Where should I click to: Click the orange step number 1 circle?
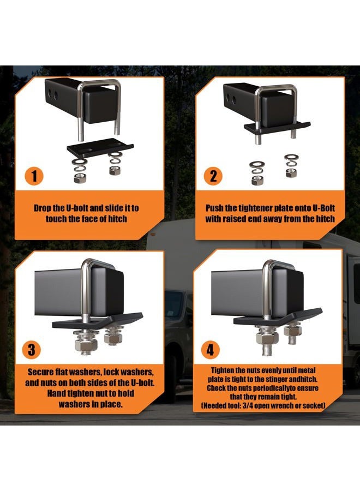pos(34,176)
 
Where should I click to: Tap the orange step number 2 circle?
pos(213,176)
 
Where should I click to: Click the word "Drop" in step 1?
pos(41,208)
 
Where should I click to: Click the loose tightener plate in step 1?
pos(100,148)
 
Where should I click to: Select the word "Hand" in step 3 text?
pos(56,393)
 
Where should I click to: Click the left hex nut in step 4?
pos(267,338)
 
